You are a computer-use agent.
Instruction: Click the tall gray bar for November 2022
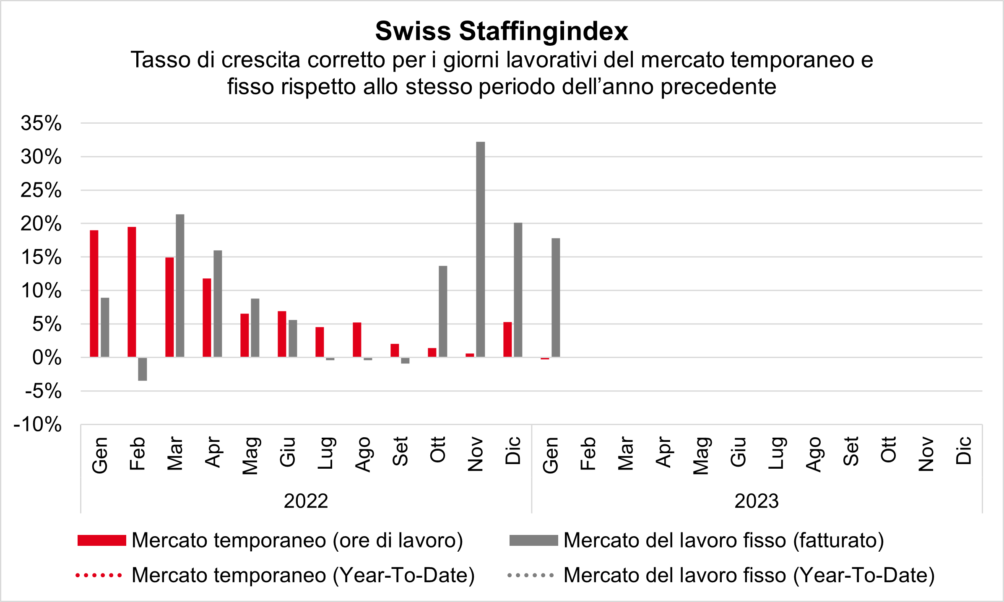pyautogui.click(x=481, y=249)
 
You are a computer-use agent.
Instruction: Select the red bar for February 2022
pyautogui.click(x=132, y=292)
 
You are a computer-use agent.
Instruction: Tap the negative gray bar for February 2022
pyautogui.click(x=143, y=369)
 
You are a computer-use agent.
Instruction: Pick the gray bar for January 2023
pyautogui.click(x=556, y=298)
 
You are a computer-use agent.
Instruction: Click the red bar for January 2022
pyautogui.click(x=94, y=293)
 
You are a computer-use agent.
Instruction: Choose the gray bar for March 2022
pyautogui.click(x=180, y=285)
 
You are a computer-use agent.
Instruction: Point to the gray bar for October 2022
pyautogui.click(x=443, y=311)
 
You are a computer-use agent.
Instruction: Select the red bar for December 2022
pyautogui.click(x=507, y=340)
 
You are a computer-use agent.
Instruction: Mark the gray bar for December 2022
pyautogui.click(x=518, y=290)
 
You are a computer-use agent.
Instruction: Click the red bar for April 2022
pyautogui.click(x=207, y=318)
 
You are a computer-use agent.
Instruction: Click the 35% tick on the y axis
pyautogui.click(x=41, y=124)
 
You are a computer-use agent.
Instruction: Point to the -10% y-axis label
pyautogui.click(x=38, y=425)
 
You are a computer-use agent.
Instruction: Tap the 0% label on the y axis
pyautogui.click(x=47, y=358)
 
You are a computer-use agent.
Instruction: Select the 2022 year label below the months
pyautogui.click(x=306, y=501)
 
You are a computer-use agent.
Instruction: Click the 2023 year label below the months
pyautogui.click(x=757, y=501)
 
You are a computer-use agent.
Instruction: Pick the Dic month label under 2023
pyautogui.click(x=964, y=451)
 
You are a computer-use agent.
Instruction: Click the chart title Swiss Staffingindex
pyautogui.click(x=502, y=31)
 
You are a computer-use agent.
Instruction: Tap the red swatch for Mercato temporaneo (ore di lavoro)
pyautogui.click(x=102, y=540)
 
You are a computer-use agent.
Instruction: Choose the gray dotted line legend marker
pyautogui.click(x=531, y=576)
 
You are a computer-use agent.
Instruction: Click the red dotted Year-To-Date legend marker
pyautogui.click(x=99, y=576)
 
